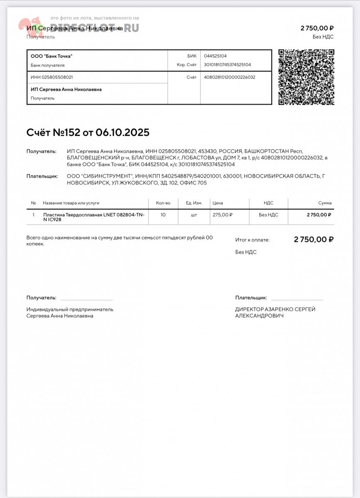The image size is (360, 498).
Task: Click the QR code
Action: (x=306, y=77)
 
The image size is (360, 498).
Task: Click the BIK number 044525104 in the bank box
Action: (x=215, y=56)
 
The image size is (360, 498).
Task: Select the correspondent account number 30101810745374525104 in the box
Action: (x=227, y=65)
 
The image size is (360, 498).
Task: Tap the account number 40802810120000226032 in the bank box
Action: (x=229, y=77)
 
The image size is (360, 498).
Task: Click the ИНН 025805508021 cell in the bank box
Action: (x=52, y=77)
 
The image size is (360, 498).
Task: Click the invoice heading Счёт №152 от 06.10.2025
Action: (x=88, y=132)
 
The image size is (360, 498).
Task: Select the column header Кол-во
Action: (x=163, y=203)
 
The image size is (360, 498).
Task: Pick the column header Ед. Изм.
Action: (x=194, y=203)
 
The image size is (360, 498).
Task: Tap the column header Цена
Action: (x=218, y=203)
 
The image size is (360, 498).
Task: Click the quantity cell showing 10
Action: (x=163, y=215)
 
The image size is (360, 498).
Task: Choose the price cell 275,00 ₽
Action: (x=222, y=215)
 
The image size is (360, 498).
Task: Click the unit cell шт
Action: (x=194, y=215)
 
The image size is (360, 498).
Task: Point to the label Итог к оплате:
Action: (x=252, y=240)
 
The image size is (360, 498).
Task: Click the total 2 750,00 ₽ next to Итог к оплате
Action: (x=314, y=239)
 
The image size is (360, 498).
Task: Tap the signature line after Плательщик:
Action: (x=297, y=298)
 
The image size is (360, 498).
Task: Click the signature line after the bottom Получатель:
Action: (x=86, y=298)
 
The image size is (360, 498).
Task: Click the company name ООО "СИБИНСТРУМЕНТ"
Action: (x=99, y=176)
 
